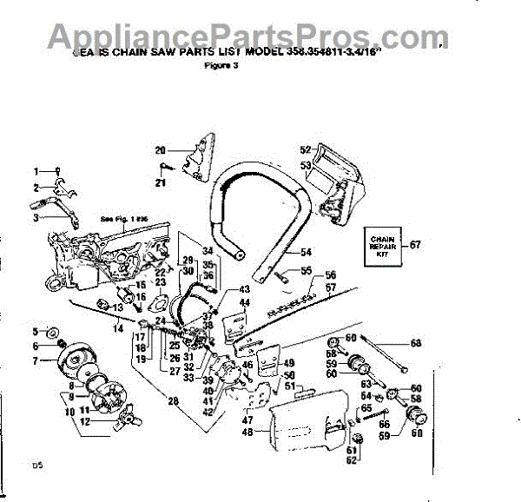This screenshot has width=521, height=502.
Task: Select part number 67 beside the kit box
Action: click(x=415, y=245)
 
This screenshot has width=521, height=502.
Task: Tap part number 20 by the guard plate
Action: click(x=160, y=150)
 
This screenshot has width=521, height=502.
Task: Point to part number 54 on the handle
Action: click(x=305, y=252)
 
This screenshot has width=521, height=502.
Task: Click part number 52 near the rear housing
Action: click(x=305, y=149)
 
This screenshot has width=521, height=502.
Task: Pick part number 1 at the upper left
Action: click(x=36, y=170)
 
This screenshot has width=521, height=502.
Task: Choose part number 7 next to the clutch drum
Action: click(x=36, y=360)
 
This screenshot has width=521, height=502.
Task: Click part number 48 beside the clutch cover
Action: click(x=247, y=432)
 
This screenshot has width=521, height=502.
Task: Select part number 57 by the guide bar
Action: click(x=330, y=286)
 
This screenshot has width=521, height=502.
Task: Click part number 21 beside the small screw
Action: click(x=160, y=182)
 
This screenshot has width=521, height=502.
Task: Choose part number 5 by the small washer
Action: click(x=36, y=331)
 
